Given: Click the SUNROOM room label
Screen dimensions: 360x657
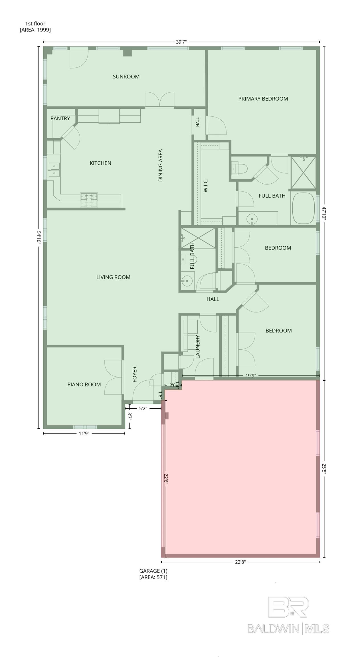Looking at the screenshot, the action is (126, 76).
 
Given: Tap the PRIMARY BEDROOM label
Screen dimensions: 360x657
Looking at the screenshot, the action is (263, 99).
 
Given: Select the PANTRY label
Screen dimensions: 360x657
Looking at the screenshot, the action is (60, 118).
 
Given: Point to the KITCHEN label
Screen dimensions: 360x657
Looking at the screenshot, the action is (100, 163).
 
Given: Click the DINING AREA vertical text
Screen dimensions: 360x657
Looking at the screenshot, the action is (160, 165).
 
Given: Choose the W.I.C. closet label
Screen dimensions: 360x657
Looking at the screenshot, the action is (206, 186).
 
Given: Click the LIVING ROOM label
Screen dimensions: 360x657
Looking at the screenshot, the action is (113, 277).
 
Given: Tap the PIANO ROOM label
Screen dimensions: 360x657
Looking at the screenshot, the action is (84, 384).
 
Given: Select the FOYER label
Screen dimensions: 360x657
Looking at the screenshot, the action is (135, 374).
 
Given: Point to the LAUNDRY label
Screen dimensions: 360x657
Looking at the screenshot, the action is (198, 347).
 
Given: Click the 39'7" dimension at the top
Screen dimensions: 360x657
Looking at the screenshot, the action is (181, 42).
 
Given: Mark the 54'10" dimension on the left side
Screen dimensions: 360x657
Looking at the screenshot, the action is (39, 238).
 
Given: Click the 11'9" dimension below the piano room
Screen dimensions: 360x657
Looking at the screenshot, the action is (84, 433).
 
